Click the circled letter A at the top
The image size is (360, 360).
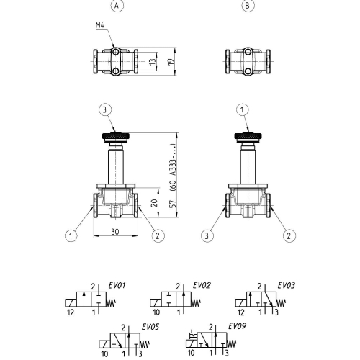(117, 6)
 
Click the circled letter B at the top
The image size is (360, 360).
(248, 6)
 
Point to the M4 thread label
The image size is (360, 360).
(100, 25)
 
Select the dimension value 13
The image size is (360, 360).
(153, 62)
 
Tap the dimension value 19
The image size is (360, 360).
(171, 62)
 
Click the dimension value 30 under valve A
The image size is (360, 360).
(115, 232)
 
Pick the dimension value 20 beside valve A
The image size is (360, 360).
(155, 203)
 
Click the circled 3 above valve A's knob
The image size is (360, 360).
(105, 110)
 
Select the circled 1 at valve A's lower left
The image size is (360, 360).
(71, 235)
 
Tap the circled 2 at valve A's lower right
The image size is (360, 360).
(158, 235)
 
